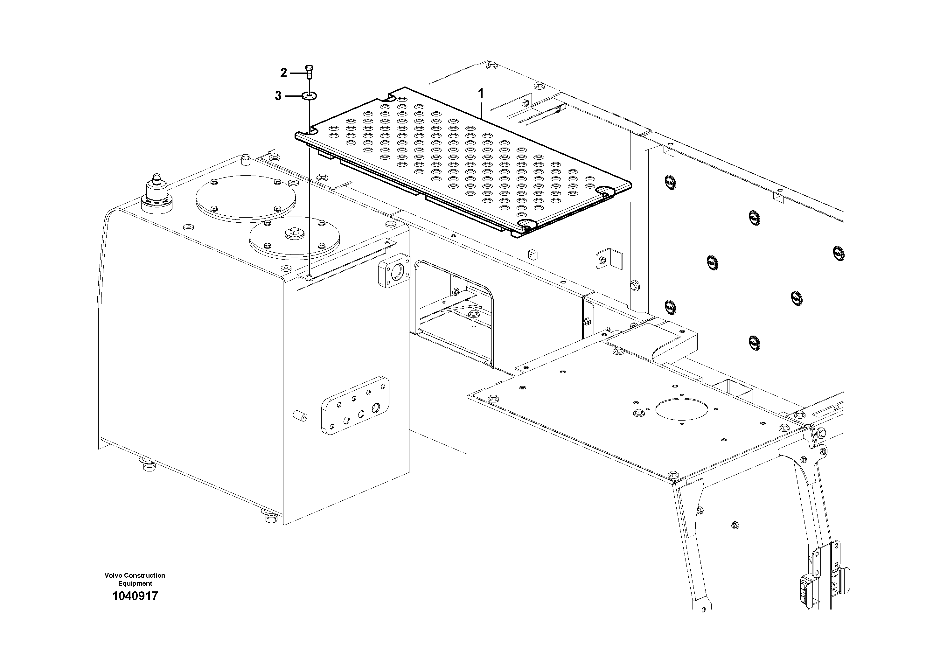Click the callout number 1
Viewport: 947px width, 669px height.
[481, 94]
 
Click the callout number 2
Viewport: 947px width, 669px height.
[283, 73]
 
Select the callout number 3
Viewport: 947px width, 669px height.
[278, 96]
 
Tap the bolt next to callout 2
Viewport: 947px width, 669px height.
[309, 72]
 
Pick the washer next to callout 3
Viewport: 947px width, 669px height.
[309, 96]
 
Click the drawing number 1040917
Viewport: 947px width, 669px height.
[135, 596]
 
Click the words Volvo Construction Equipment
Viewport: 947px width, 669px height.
[135, 579]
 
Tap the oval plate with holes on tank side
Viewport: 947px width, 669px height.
[355, 405]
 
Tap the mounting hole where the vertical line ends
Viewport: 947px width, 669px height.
[309, 275]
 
